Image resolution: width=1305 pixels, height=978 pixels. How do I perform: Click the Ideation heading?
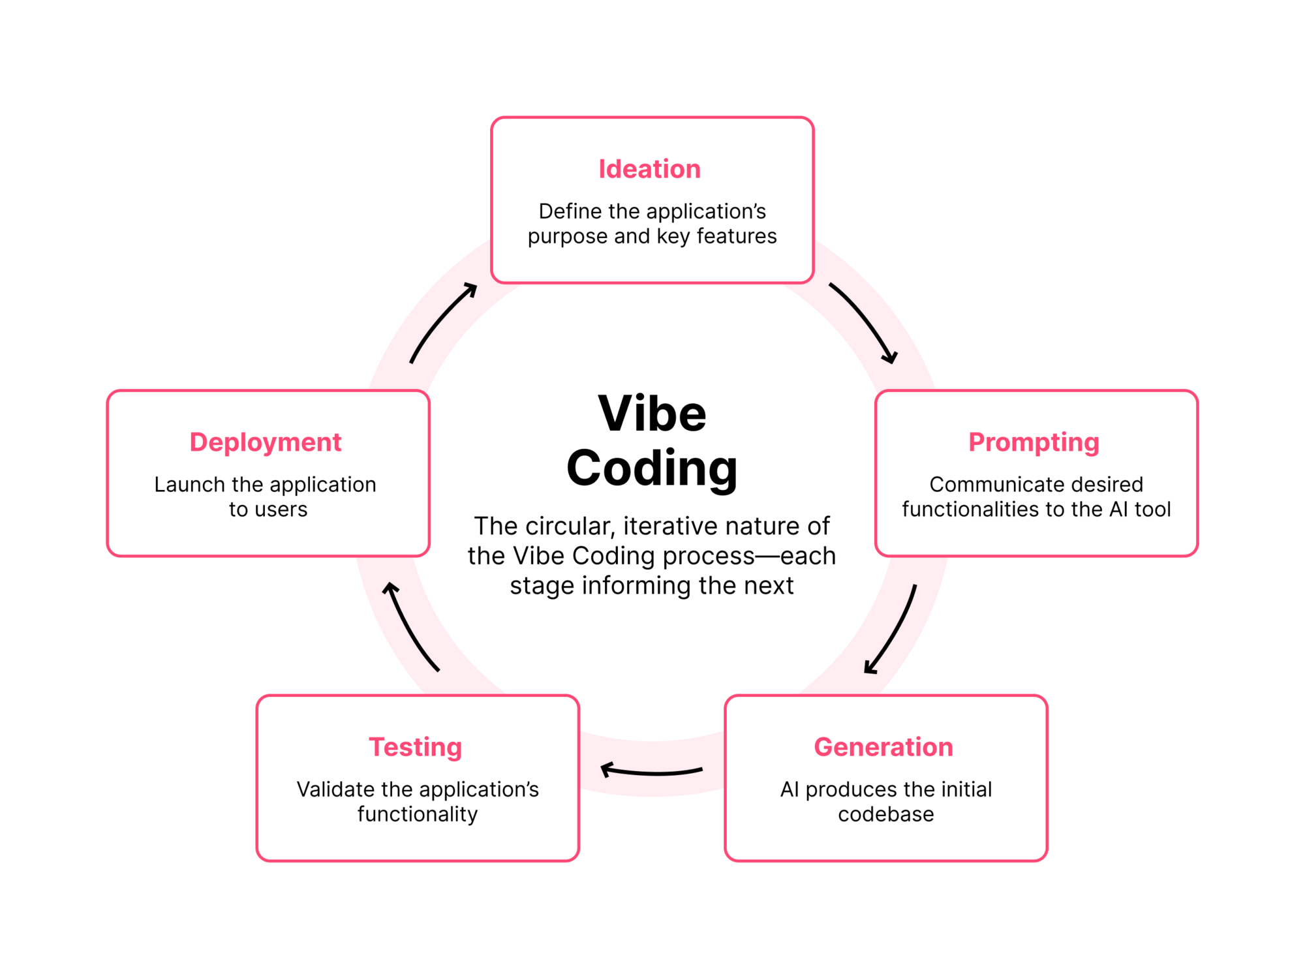click(x=649, y=169)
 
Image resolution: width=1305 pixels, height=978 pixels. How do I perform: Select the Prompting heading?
click(x=1034, y=443)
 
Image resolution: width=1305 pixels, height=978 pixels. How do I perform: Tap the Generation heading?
click(x=883, y=747)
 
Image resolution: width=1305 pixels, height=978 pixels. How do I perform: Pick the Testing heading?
click(x=416, y=748)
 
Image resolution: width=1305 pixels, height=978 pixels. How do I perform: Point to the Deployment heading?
click(x=266, y=443)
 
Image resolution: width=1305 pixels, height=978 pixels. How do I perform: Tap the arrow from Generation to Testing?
click(x=651, y=772)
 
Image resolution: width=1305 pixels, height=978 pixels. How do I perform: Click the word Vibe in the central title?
click(x=652, y=414)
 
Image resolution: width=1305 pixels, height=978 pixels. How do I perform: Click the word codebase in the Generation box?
click(x=886, y=814)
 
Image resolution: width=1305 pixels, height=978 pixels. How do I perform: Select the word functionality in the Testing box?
click(x=418, y=815)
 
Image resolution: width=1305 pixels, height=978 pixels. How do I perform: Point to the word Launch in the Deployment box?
click(x=189, y=485)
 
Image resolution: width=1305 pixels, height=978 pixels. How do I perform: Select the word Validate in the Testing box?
click(x=335, y=789)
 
